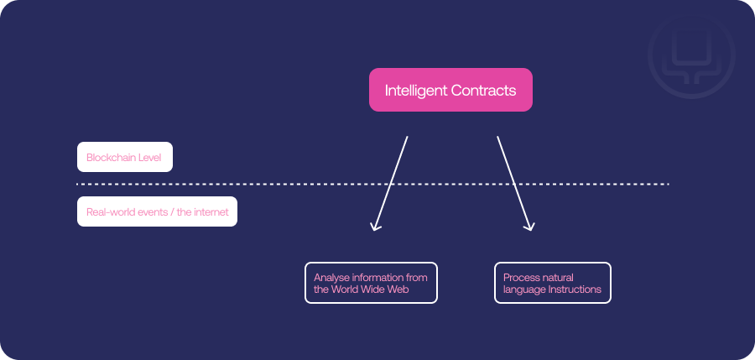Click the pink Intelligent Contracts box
point(450,90)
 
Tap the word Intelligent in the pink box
point(415,91)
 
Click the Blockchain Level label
point(125,157)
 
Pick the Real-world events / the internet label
point(157,211)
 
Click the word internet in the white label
point(211,211)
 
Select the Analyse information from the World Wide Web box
point(371,283)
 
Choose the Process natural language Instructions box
point(552,283)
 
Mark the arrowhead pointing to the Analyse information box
point(375,226)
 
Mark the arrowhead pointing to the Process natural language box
point(529,226)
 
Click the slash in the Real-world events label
point(173,211)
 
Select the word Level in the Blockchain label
point(150,157)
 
